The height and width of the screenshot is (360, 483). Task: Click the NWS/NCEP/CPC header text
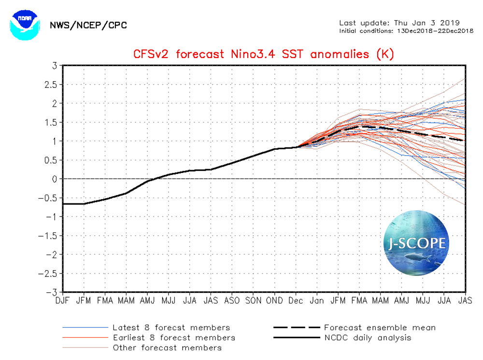point(88,25)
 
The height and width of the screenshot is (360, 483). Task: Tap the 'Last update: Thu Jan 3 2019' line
point(399,23)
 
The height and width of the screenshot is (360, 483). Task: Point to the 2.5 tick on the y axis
point(51,85)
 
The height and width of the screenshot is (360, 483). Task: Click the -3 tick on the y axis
point(53,292)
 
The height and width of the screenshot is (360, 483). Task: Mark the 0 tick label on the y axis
point(55,179)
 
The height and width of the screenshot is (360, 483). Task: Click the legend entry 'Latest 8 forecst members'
point(171,328)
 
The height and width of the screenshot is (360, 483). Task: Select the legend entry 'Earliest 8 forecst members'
point(173,338)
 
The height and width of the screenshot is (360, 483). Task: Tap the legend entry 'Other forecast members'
point(167,347)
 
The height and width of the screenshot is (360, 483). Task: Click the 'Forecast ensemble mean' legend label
point(380,328)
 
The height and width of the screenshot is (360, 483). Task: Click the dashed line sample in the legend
point(296,328)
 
